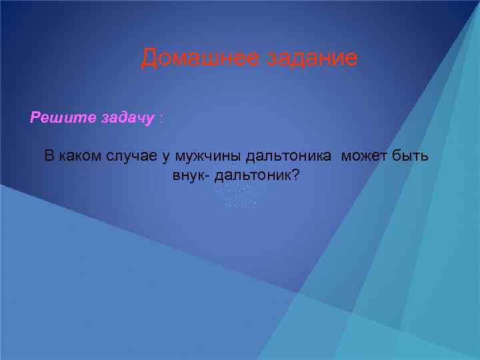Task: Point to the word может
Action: click(x=364, y=157)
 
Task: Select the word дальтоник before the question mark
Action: click(x=254, y=176)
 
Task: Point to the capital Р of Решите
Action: click(x=35, y=118)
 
